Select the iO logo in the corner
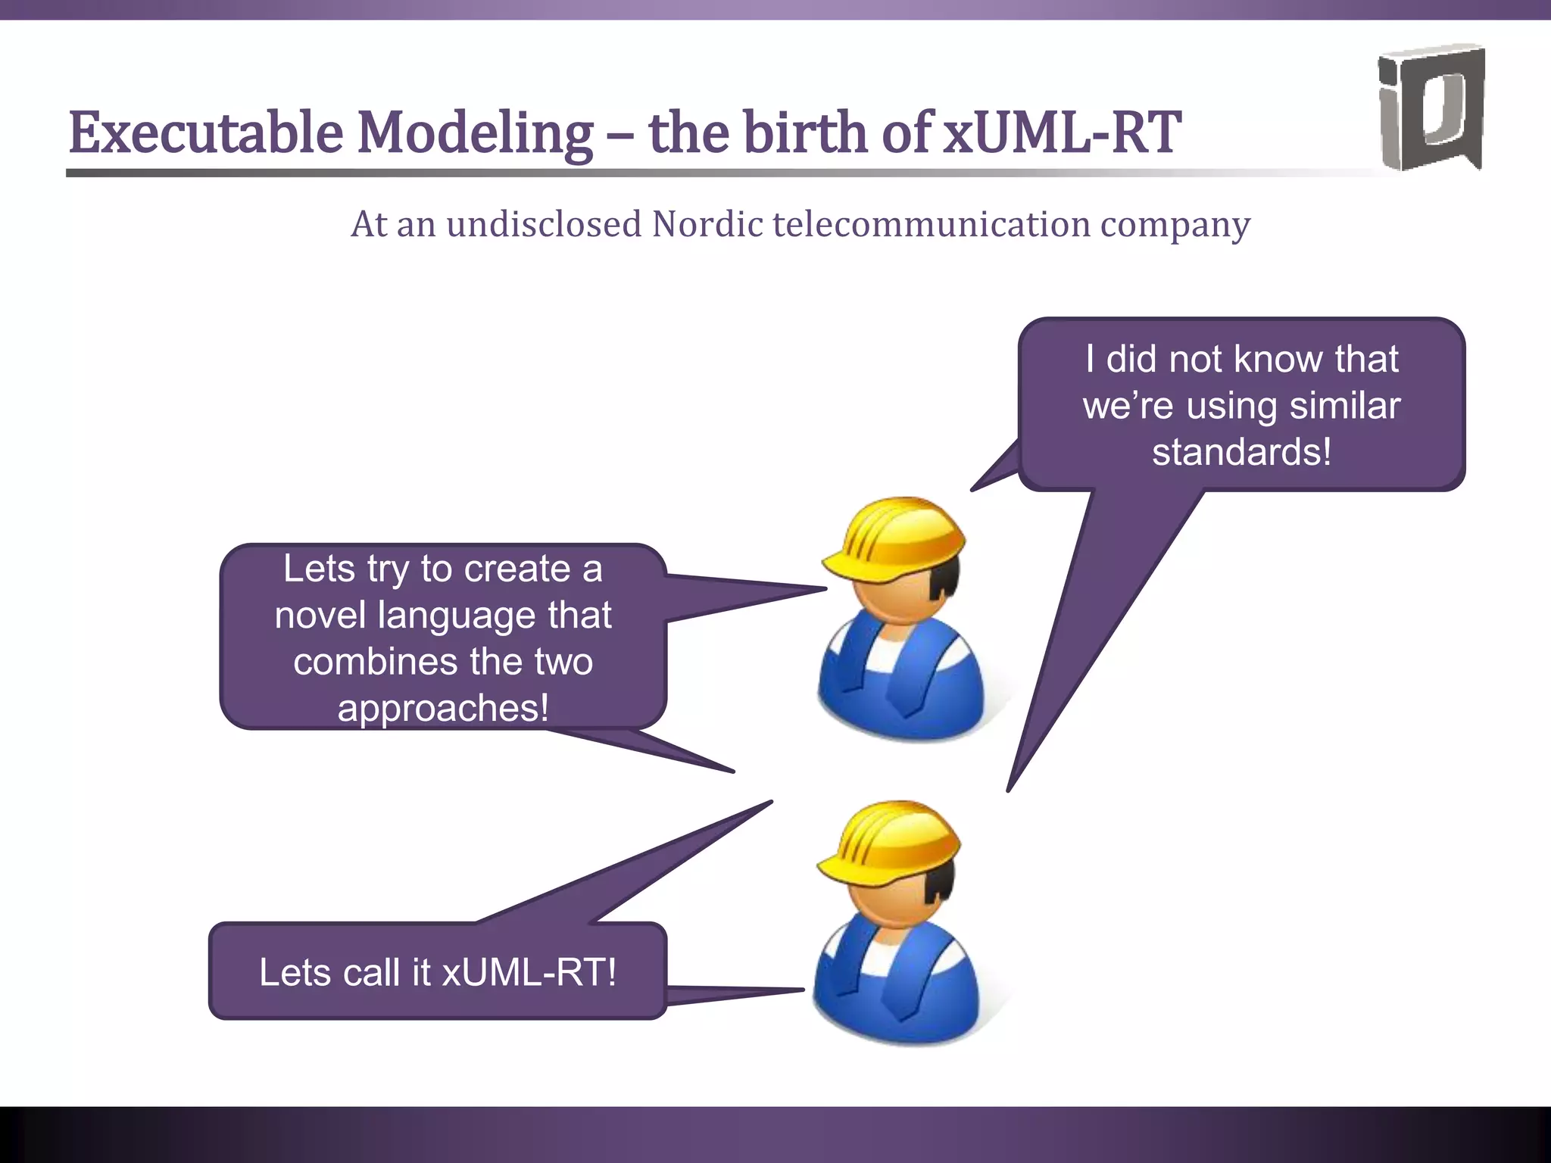click(x=1431, y=108)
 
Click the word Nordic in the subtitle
click(x=707, y=225)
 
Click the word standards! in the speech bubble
click(x=1241, y=452)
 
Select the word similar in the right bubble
click(x=1345, y=406)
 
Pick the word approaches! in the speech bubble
click(x=443, y=709)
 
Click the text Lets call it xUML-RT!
click(x=438, y=972)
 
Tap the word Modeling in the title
click(x=475, y=133)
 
